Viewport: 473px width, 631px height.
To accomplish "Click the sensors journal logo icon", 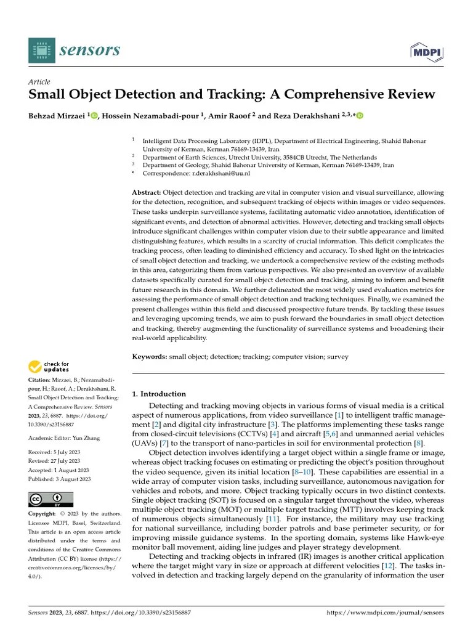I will point(41,49).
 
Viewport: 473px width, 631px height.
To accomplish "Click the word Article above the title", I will point(39,82).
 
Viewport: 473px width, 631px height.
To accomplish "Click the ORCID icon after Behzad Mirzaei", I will point(94,116).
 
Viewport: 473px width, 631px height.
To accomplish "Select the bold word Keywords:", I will point(150,356).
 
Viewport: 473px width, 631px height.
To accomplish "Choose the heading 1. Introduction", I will point(160,394).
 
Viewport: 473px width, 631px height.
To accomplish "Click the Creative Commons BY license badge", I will point(51,499).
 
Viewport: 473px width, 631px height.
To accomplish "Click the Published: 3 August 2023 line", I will point(60,479).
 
